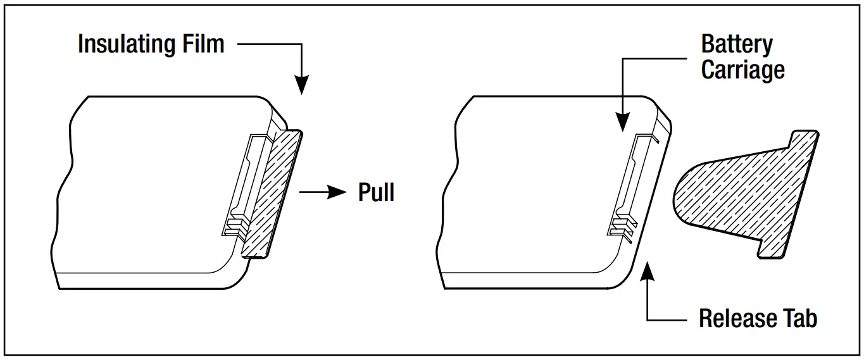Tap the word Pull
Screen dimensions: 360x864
tap(376, 192)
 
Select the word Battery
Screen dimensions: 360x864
tap(737, 45)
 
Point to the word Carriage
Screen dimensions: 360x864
tap(742, 69)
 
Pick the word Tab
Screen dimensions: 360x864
tap(799, 318)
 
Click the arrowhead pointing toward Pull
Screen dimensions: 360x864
tap(338, 192)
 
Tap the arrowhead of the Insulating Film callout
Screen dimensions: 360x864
tap(302, 86)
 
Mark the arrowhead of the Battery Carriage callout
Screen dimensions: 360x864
tap(623, 123)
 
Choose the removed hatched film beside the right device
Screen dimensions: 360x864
tap(747, 190)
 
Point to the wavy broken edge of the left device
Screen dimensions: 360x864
tap(64, 190)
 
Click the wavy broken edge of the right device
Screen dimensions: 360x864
tap(450, 190)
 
